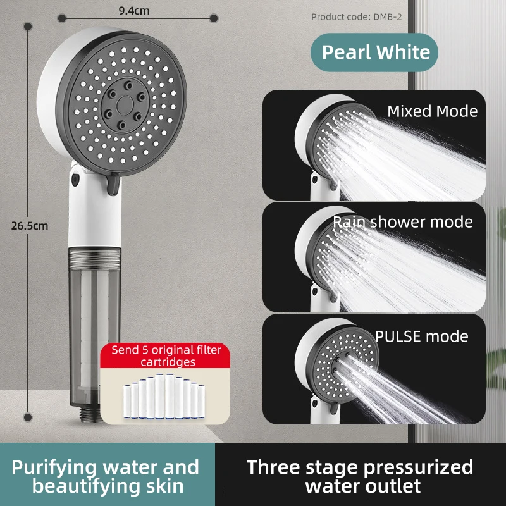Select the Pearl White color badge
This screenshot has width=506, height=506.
[375, 52]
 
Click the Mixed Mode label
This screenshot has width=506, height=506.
[432, 111]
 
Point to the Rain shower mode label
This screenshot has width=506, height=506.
[403, 222]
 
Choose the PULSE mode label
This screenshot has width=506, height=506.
[422, 335]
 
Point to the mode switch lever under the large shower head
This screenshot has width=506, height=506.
[114, 184]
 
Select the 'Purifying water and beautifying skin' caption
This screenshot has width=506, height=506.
[106, 476]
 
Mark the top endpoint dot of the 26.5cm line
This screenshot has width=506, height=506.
[28, 36]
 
